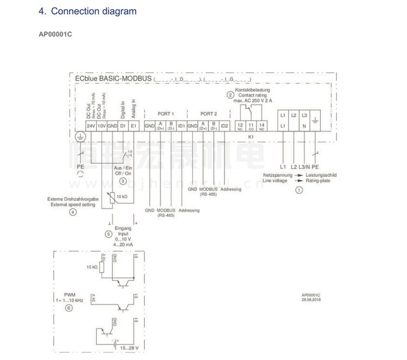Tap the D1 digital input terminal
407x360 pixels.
[x=123, y=126]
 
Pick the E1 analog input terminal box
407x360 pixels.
[x=133, y=126]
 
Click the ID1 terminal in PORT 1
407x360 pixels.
[x=182, y=126]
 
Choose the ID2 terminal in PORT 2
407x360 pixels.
[x=225, y=126]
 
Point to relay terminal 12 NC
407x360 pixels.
[x=240, y=126]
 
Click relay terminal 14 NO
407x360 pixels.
[x=262, y=126]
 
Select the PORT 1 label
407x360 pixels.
[x=166, y=114]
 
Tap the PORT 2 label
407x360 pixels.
[x=208, y=114]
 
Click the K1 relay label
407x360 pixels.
[x=251, y=137]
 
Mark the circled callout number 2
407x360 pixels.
[x=231, y=95]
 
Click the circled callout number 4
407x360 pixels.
[x=73, y=213]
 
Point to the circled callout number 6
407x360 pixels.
[x=68, y=308]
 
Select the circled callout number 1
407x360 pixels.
[x=298, y=190]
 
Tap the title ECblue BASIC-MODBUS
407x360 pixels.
[x=113, y=79]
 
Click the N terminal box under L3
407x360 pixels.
[x=304, y=126]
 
